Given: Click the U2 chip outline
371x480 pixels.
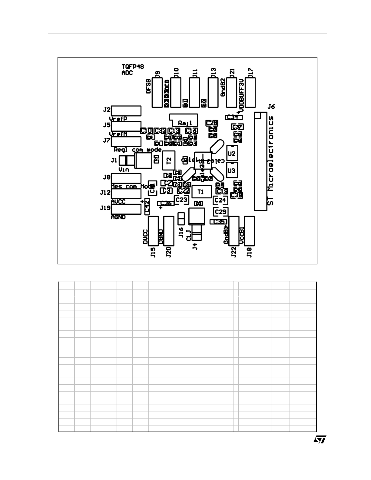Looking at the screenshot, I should [232, 153].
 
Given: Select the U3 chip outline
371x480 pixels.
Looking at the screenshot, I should [232, 170].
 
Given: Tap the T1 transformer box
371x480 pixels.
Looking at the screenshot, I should [200, 192].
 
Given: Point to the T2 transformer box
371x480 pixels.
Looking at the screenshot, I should [169, 160].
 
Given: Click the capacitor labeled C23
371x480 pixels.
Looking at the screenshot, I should [181, 200].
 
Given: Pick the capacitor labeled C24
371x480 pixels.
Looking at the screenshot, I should [220, 200].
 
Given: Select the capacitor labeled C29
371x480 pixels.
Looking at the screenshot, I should [220, 212].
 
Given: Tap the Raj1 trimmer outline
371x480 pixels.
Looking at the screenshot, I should [184, 121].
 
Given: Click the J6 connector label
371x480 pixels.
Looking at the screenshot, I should [271, 107].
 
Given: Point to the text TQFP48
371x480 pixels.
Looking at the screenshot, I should [133, 67].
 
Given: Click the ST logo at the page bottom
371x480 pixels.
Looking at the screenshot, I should [320, 440].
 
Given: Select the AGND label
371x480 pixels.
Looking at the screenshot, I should [118, 217].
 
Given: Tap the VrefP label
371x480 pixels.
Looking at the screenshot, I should [118, 119].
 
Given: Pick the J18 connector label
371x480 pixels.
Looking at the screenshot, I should [249, 252].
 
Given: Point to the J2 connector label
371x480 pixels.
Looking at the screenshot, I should [107, 109].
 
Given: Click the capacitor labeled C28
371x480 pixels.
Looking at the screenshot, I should [211, 123].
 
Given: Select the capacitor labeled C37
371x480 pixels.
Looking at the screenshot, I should [237, 127].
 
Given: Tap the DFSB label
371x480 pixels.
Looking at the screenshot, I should [148, 87].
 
